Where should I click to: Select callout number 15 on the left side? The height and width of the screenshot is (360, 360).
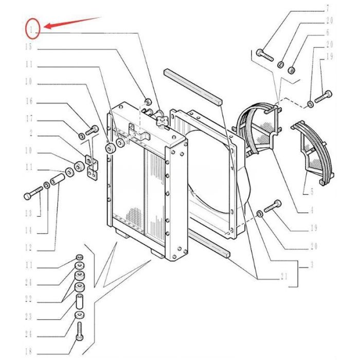[x=30, y=47]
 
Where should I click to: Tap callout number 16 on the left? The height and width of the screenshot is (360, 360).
[x=30, y=102]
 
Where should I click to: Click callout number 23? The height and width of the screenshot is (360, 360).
[x=30, y=317]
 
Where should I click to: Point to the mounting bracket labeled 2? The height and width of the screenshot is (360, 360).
[x=93, y=167]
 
